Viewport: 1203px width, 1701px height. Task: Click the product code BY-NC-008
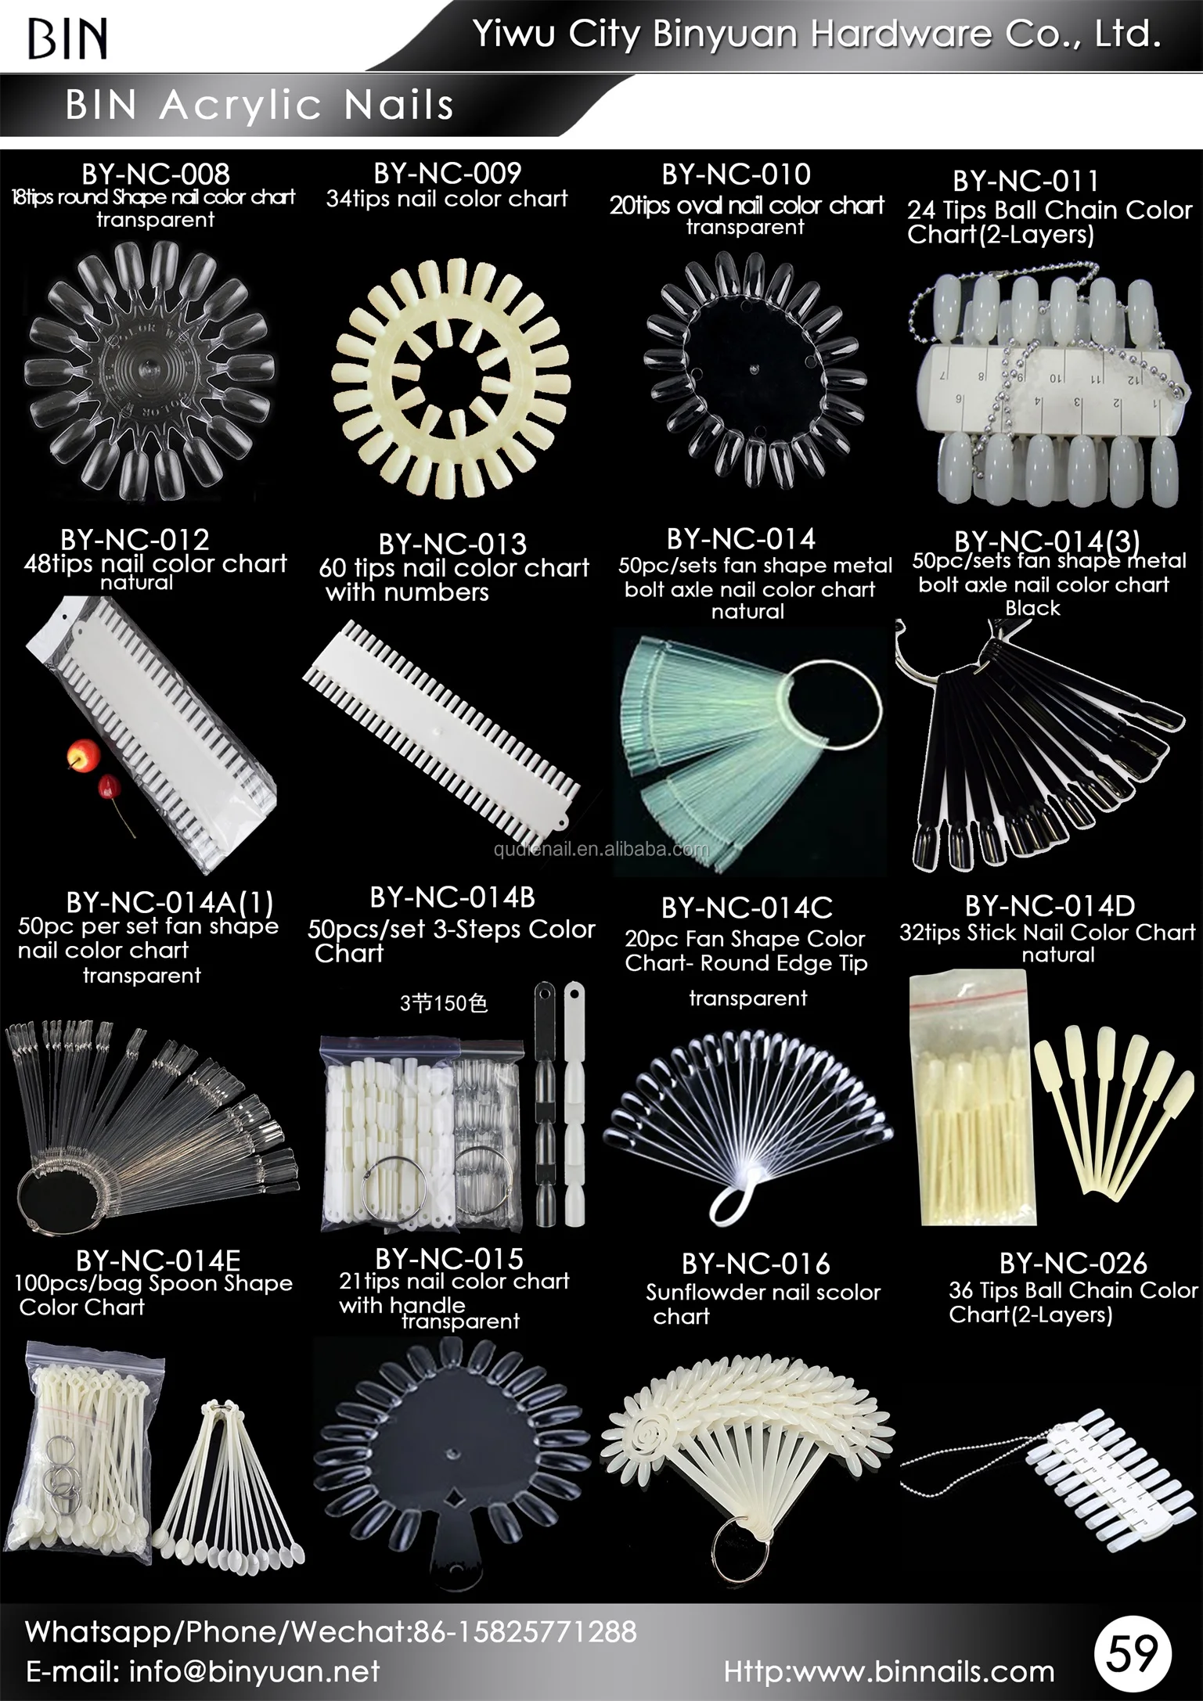coord(156,174)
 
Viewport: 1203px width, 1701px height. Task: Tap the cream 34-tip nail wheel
coord(448,368)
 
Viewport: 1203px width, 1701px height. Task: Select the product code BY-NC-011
coord(1025,182)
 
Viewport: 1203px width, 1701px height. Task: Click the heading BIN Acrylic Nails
coord(259,105)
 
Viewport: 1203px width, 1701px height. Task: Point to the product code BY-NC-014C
coord(747,908)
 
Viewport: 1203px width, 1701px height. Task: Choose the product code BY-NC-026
coord(1072,1263)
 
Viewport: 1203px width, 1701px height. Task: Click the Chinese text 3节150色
coord(444,1003)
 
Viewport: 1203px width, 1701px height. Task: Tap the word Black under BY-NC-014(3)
coord(1032,608)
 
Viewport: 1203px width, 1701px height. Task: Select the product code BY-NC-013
coord(452,544)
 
